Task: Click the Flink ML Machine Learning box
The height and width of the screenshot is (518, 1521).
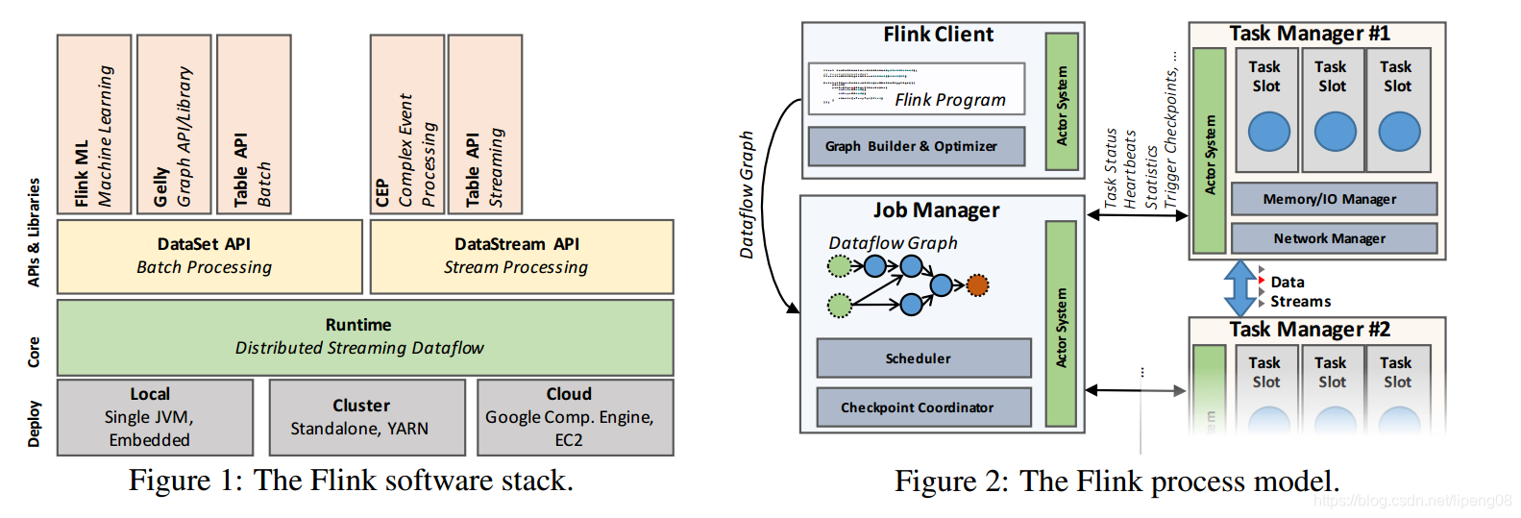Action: click(94, 125)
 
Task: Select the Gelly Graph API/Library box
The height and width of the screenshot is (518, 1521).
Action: click(174, 125)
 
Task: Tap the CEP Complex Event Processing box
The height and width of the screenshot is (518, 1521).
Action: click(407, 125)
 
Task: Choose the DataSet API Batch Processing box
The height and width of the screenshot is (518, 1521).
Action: click(209, 257)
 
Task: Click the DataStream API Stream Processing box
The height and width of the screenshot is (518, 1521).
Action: click(522, 257)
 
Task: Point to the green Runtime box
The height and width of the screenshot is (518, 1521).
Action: click(365, 336)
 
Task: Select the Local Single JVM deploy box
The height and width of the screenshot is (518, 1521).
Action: click(155, 417)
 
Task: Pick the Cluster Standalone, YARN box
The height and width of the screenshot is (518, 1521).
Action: click(367, 417)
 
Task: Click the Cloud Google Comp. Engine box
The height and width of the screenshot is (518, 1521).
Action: click(575, 417)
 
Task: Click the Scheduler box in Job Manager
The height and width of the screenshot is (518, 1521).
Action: click(923, 358)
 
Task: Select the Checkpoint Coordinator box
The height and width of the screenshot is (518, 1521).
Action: click(923, 407)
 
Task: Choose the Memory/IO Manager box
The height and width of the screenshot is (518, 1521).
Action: click(1334, 199)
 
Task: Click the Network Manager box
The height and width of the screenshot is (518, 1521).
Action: click(1334, 238)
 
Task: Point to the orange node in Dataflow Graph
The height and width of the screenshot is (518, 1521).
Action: click(977, 284)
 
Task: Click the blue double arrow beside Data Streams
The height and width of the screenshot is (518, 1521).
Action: click(1240, 288)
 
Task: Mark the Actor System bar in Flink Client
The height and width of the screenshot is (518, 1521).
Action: click(1062, 102)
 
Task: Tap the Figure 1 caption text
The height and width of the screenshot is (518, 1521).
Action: click(351, 481)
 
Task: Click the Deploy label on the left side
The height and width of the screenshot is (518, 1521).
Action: click(35, 423)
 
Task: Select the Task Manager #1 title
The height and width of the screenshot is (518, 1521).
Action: click(1309, 34)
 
